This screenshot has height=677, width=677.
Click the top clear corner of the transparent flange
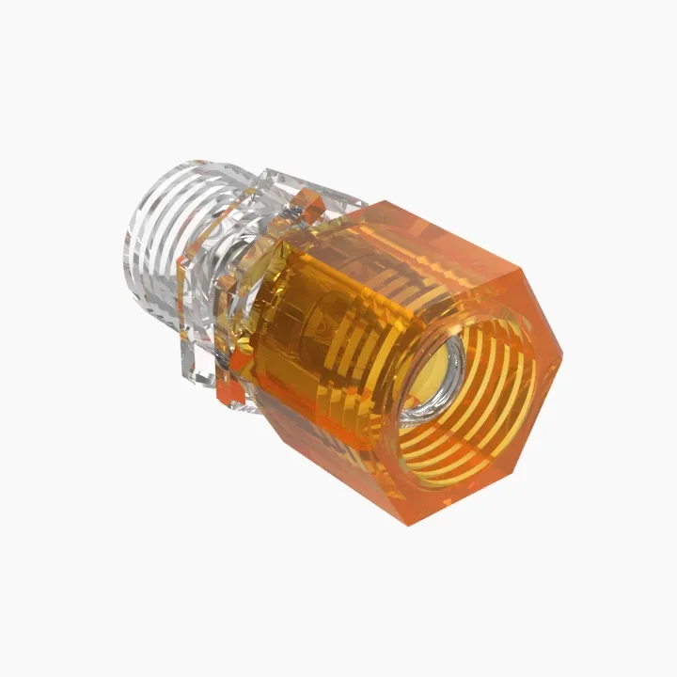[x=273, y=174]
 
